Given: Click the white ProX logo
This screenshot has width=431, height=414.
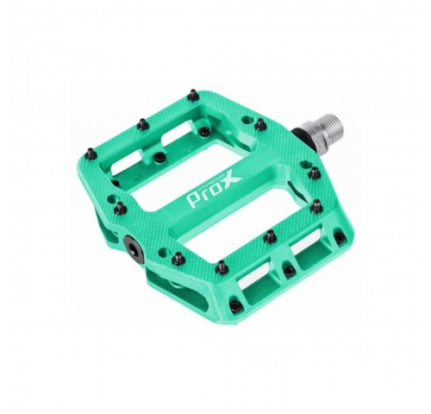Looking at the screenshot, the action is coord(214,189).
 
